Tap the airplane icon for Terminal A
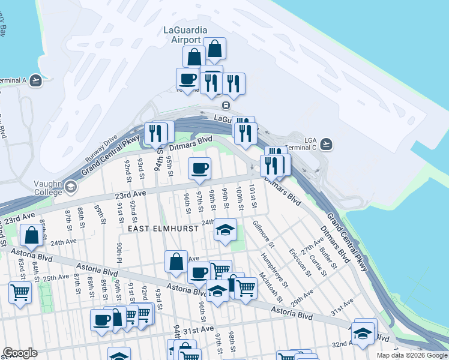point(36,80)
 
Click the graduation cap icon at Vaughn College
point(71,187)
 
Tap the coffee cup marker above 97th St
point(199,169)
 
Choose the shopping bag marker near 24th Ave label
point(31,235)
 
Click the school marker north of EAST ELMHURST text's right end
point(225,230)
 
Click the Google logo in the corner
point(20,353)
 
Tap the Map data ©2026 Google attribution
point(412,355)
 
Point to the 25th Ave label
point(56,277)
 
